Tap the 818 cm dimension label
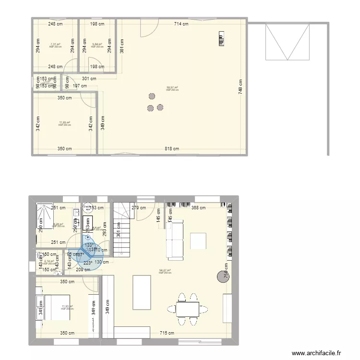point(173,149)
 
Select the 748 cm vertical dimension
point(240,85)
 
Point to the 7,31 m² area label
point(56,45)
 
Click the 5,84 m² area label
point(97,45)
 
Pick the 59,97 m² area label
point(172,88)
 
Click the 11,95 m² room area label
point(64,123)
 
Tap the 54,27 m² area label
point(164,271)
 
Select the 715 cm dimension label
point(167,333)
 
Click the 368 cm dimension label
point(197,208)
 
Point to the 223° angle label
point(88,263)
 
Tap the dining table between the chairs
point(188,309)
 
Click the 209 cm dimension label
point(83,270)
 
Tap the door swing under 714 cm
point(149,29)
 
